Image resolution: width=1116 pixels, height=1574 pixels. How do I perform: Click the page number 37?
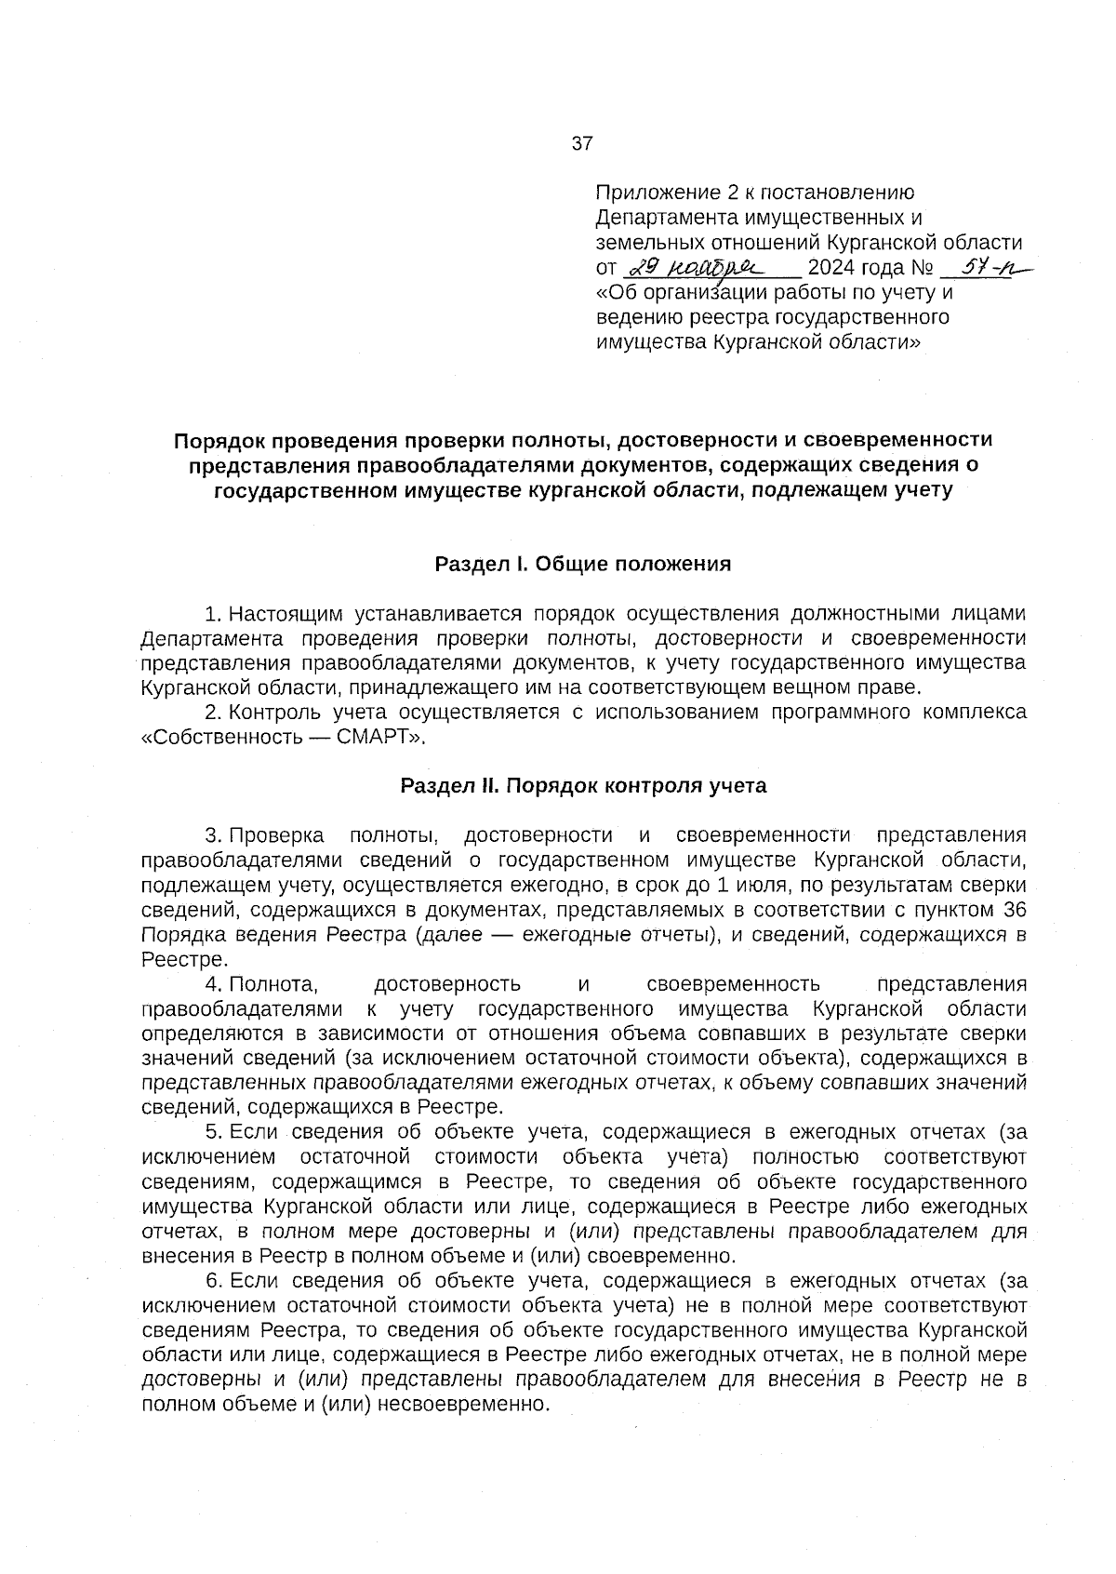click(x=582, y=143)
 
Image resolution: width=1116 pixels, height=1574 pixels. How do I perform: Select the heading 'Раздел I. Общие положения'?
click(x=583, y=564)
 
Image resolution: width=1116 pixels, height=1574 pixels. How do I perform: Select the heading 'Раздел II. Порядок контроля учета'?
click(x=583, y=786)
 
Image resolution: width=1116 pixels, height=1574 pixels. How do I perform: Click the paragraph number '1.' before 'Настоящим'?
click(x=213, y=614)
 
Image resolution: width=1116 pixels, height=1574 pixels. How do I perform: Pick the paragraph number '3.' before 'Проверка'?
click(x=213, y=834)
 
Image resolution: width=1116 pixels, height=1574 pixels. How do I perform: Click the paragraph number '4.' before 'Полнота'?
click(x=213, y=984)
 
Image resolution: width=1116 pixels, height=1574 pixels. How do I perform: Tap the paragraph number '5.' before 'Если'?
click(x=213, y=1132)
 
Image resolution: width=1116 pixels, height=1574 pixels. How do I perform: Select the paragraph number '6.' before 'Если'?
click(x=213, y=1281)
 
